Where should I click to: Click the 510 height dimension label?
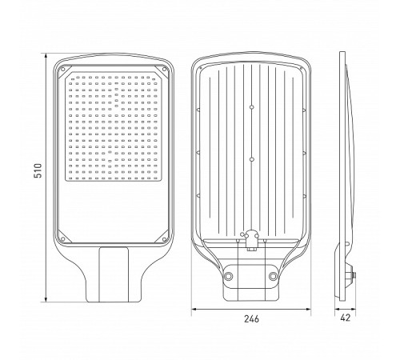[38, 170]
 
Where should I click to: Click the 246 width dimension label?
[251, 318]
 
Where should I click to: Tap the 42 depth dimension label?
[346, 318]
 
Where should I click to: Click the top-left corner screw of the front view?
[63, 69]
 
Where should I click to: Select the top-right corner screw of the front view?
[164, 69]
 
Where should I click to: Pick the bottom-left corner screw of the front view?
[63, 239]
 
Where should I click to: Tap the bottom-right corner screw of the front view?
[164, 239]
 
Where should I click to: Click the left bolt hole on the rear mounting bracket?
[229, 276]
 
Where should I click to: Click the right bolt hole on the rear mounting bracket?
[274, 276]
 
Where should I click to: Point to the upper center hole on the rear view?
[251, 107]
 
